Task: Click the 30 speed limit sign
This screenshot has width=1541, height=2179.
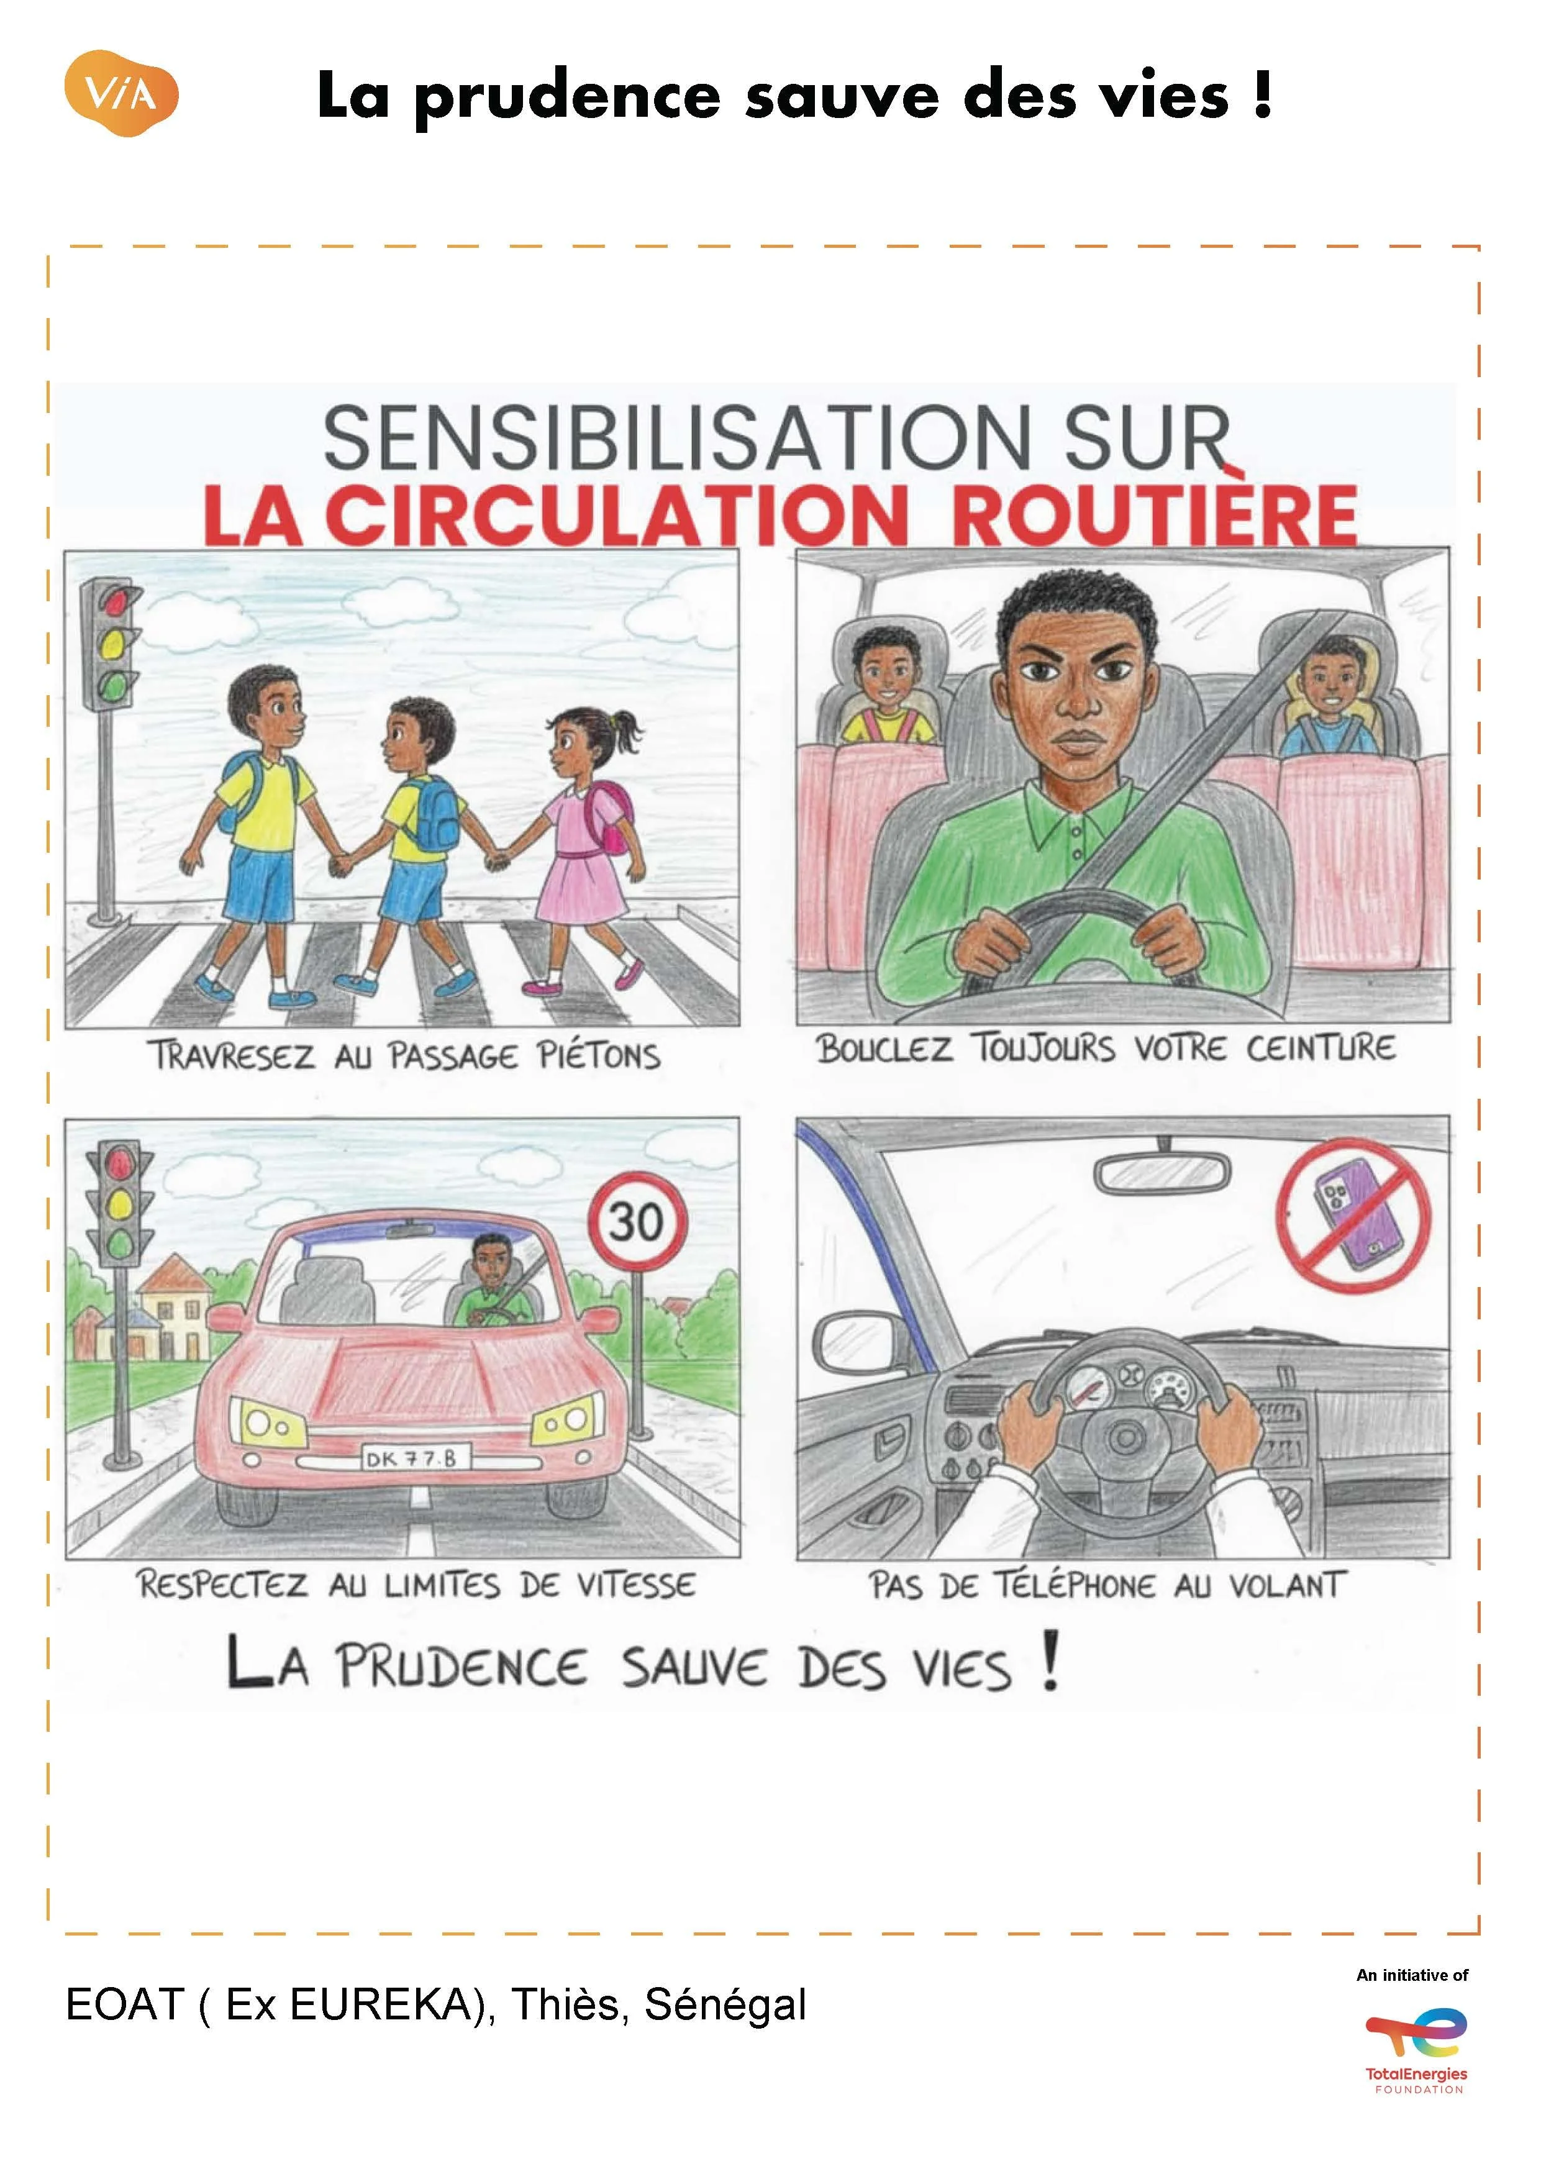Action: coord(637,1221)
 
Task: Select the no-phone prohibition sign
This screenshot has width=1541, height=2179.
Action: coord(1353,1216)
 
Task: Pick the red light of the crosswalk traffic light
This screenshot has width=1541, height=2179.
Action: coord(116,600)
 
